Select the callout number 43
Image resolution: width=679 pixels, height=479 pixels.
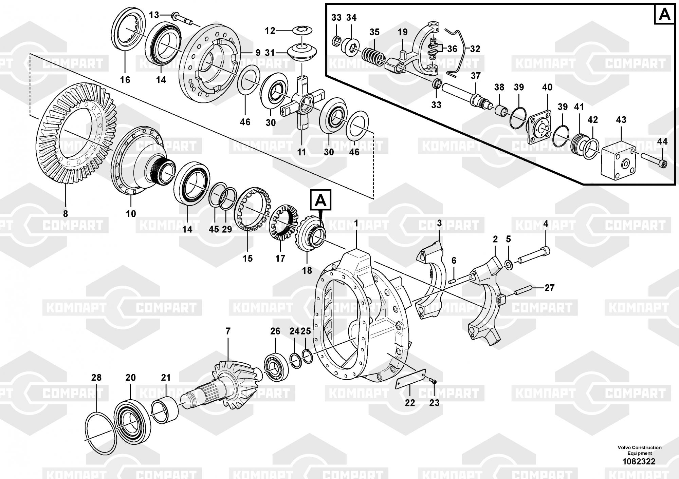621,120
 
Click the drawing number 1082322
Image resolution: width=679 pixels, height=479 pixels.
639,461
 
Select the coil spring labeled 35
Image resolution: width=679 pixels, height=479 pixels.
373,56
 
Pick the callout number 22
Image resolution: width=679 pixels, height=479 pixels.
410,403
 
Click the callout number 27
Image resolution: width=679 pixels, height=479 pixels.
549,288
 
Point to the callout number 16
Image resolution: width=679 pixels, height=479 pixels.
125,80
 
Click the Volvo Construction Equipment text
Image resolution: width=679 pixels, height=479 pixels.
639,450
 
